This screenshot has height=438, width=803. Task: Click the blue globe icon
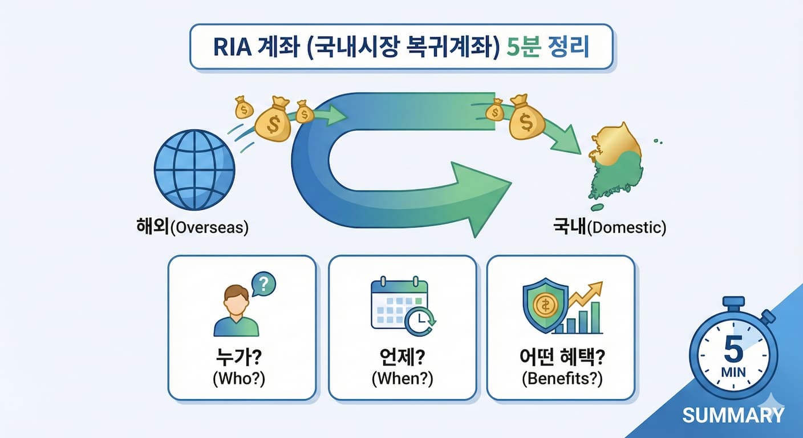pyautogui.click(x=194, y=171)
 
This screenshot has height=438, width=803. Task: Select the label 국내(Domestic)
pyautogui.click(x=609, y=228)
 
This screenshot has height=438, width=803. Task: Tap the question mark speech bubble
pyautogui.click(x=263, y=283)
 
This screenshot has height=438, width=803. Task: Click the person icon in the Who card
pyautogui.click(x=236, y=311)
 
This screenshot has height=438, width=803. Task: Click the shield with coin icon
pyautogui.click(x=545, y=305)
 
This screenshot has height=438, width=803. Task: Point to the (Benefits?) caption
pyautogui.click(x=562, y=379)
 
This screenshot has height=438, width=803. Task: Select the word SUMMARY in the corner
pyautogui.click(x=733, y=415)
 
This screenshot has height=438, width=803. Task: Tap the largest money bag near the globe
pyautogui.click(x=272, y=120)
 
